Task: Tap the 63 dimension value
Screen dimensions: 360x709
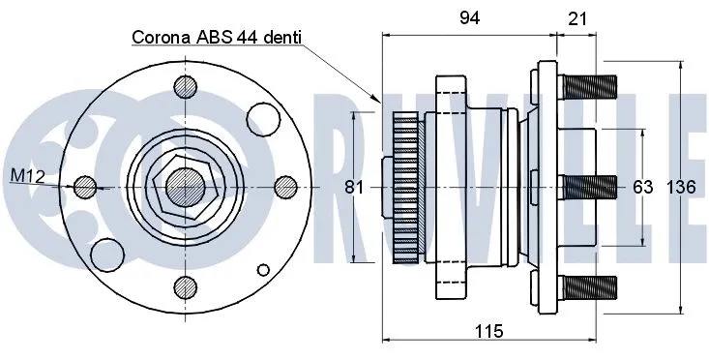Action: point(642,187)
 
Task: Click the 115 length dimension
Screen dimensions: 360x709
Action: point(489,332)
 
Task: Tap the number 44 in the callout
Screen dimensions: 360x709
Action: point(244,38)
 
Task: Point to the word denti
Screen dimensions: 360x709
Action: point(281,38)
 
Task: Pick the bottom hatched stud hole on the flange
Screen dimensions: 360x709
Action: point(182,285)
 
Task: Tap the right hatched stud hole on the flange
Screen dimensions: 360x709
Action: point(284,185)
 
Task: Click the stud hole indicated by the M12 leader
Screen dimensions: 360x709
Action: point(84,185)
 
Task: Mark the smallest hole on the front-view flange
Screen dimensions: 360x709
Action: point(261,269)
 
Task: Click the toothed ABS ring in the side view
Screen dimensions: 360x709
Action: point(406,187)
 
